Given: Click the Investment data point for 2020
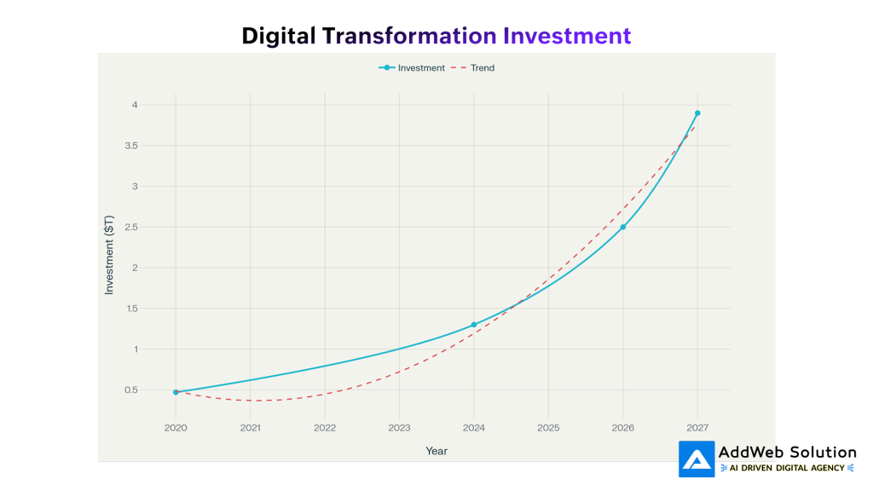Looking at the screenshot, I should tap(176, 392).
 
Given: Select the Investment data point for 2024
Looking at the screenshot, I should tap(474, 325).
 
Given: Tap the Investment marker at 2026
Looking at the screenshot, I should tap(623, 227).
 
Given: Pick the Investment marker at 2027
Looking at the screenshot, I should tap(697, 113).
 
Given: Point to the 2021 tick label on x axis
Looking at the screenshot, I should tap(250, 427).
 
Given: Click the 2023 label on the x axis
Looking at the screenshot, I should tap(399, 427).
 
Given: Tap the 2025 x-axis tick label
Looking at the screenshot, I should tap(548, 427).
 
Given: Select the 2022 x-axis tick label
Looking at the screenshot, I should tap(325, 427).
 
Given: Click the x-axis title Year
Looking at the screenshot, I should tap(436, 451).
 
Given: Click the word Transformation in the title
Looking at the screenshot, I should tap(409, 36).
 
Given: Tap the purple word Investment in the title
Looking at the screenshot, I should tap(567, 36).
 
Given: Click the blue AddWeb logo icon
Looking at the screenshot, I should tap(697, 459).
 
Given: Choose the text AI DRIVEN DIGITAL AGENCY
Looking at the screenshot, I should tap(788, 468).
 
